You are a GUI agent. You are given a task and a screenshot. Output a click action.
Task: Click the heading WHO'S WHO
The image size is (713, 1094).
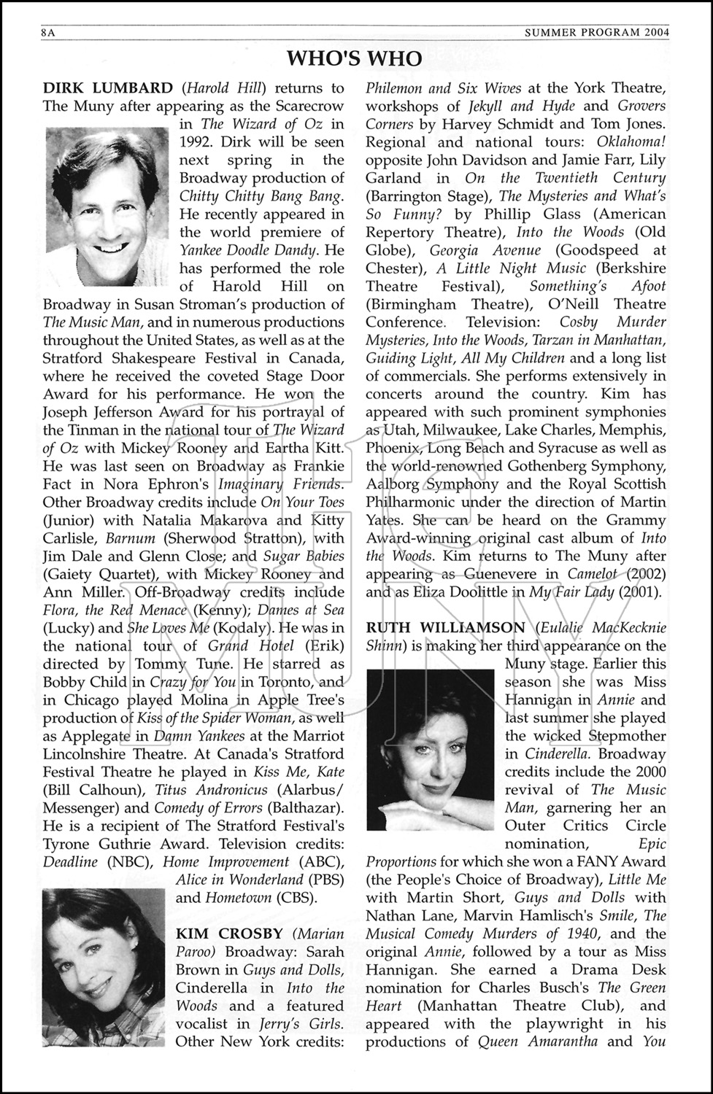[355, 59]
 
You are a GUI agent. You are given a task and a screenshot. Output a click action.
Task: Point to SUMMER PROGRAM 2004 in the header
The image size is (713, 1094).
[596, 33]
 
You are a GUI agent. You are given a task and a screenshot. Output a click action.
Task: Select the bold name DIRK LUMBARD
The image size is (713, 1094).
[108, 88]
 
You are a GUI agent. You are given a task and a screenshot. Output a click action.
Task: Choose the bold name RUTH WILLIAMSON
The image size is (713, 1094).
[444, 628]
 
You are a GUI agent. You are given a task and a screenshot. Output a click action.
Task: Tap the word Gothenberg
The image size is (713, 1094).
[537, 466]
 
